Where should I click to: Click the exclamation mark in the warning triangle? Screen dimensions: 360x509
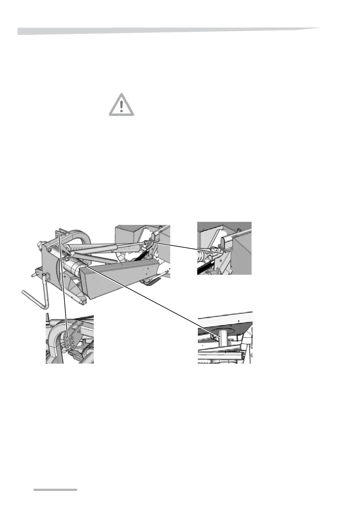[x=121, y=106]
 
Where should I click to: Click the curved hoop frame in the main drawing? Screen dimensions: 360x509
[x=79, y=239]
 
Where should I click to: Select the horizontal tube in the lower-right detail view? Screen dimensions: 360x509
[x=221, y=357]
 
